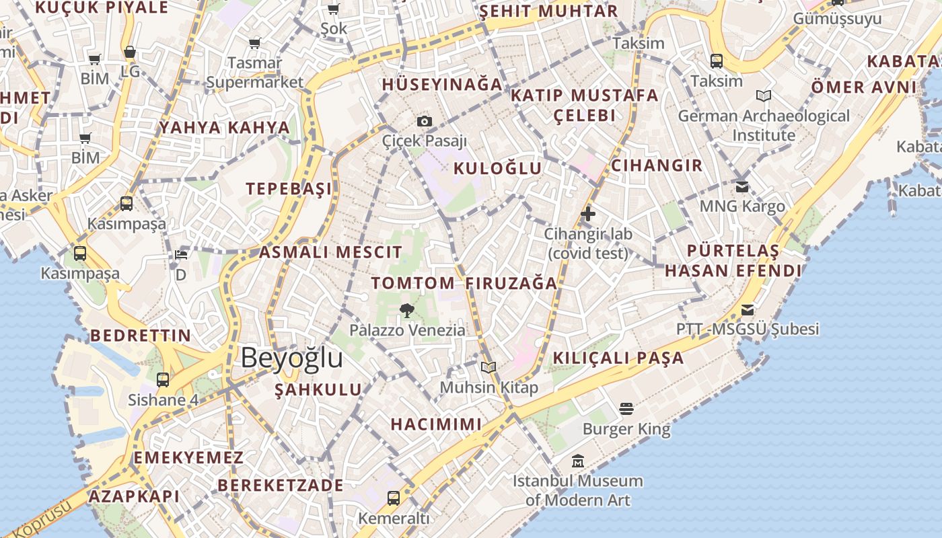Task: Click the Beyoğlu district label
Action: pyautogui.click(x=291, y=358)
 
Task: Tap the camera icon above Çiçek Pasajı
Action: pyautogui.click(x=424, y=121)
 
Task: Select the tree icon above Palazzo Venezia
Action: pyautogui.click(x=406, y=310)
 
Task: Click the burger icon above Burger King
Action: pyautogui.click(x=626, y=409)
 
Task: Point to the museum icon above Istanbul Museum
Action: pyautogui.click(x=577, y=461)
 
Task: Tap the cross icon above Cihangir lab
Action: pyautogui.click(x=588, y=214)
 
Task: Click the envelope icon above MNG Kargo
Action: pyautogui.click(x=742, y=186)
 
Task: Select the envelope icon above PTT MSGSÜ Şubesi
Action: pyautogui.click(x=748, y=309)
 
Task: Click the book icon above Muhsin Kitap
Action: pyautogui.click(x=488, y=367)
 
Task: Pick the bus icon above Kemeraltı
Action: pyautogui.click(x=394, y=498)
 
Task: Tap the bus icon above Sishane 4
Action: pyautogui.click(x=163, y=379)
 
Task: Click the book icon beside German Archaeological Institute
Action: pyautogui.click(x=763, y=96)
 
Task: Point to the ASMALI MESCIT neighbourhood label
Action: pyautogui.click(x=330, y=253)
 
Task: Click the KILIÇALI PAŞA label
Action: pyautogui.click(x=618, y=358)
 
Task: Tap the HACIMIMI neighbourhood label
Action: pyautogui.click(x=436, y=424)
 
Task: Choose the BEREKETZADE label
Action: pyautogui.click(x=280, y=485)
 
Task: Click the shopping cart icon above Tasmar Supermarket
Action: pyautogui.click(x=254, y=44)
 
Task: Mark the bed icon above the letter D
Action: pyautogui.click(x=180, y=254)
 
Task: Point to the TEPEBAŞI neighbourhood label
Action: pyautogui.click(x=289, y=189)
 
